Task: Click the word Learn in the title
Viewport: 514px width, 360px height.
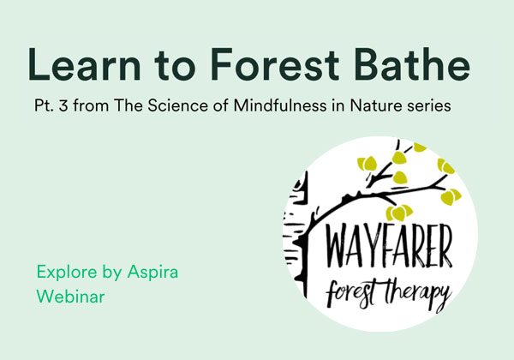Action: [x=84, y=64]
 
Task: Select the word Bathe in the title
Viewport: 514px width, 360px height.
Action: [x=412, y=63]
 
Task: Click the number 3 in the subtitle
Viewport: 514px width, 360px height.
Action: [x=64, y=106]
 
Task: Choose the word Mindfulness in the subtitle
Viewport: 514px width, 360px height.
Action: [x=280, y=105]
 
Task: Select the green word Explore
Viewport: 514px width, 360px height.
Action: [x=67, y=272]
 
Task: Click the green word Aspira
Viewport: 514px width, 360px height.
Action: [x=152, y=272]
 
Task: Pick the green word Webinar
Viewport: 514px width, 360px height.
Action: [x=70, y=297]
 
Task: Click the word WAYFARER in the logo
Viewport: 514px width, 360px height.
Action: [x=390, y=247]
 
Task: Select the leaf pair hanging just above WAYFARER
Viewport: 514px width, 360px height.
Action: [x=399, y=213]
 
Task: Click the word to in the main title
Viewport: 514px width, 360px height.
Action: [x=175, y=65]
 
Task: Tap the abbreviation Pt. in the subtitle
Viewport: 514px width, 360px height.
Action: [x=44, y=106]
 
